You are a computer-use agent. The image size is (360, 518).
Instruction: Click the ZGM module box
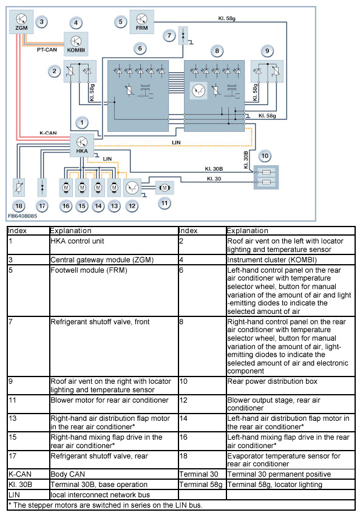(x=21, y=22)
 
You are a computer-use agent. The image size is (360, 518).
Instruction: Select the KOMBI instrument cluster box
(x=76, y=44)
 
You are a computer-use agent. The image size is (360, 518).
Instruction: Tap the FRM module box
(x=141, y=22)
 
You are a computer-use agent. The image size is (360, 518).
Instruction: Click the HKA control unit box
(x=82, y=145)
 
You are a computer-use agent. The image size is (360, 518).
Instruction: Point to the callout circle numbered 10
(x=265, y=156)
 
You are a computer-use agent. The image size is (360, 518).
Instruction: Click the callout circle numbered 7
(x=169, y=35)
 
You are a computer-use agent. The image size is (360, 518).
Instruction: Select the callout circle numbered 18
(x=19, y=206)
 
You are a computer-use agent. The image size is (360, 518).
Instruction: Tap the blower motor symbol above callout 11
(x=165, y=188)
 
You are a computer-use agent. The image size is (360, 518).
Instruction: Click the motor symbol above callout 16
(x=66, y=188)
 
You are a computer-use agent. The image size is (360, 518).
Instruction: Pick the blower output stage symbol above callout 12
(x=132, y=188)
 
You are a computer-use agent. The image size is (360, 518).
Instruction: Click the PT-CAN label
(x=47, y=50)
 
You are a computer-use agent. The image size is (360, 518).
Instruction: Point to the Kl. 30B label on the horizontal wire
(x=214, y=169)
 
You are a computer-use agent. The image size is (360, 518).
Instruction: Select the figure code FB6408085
(x=22, y=216)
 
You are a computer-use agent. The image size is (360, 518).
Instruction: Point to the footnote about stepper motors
(x=105, y=505)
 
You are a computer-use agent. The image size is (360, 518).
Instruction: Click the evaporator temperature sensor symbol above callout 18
(x=19, y=188)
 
